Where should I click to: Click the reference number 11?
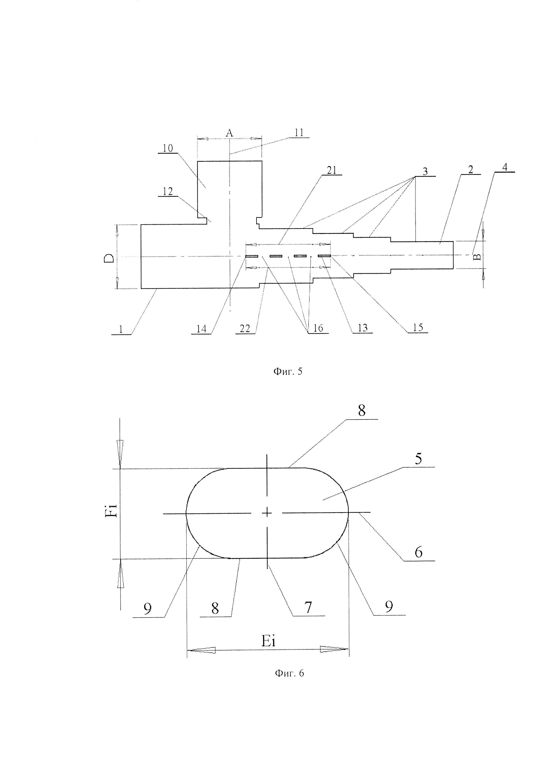299,132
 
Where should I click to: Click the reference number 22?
245,328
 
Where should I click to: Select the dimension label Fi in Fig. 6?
113,511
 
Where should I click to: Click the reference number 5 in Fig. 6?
418,459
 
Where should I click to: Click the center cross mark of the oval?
267,512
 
